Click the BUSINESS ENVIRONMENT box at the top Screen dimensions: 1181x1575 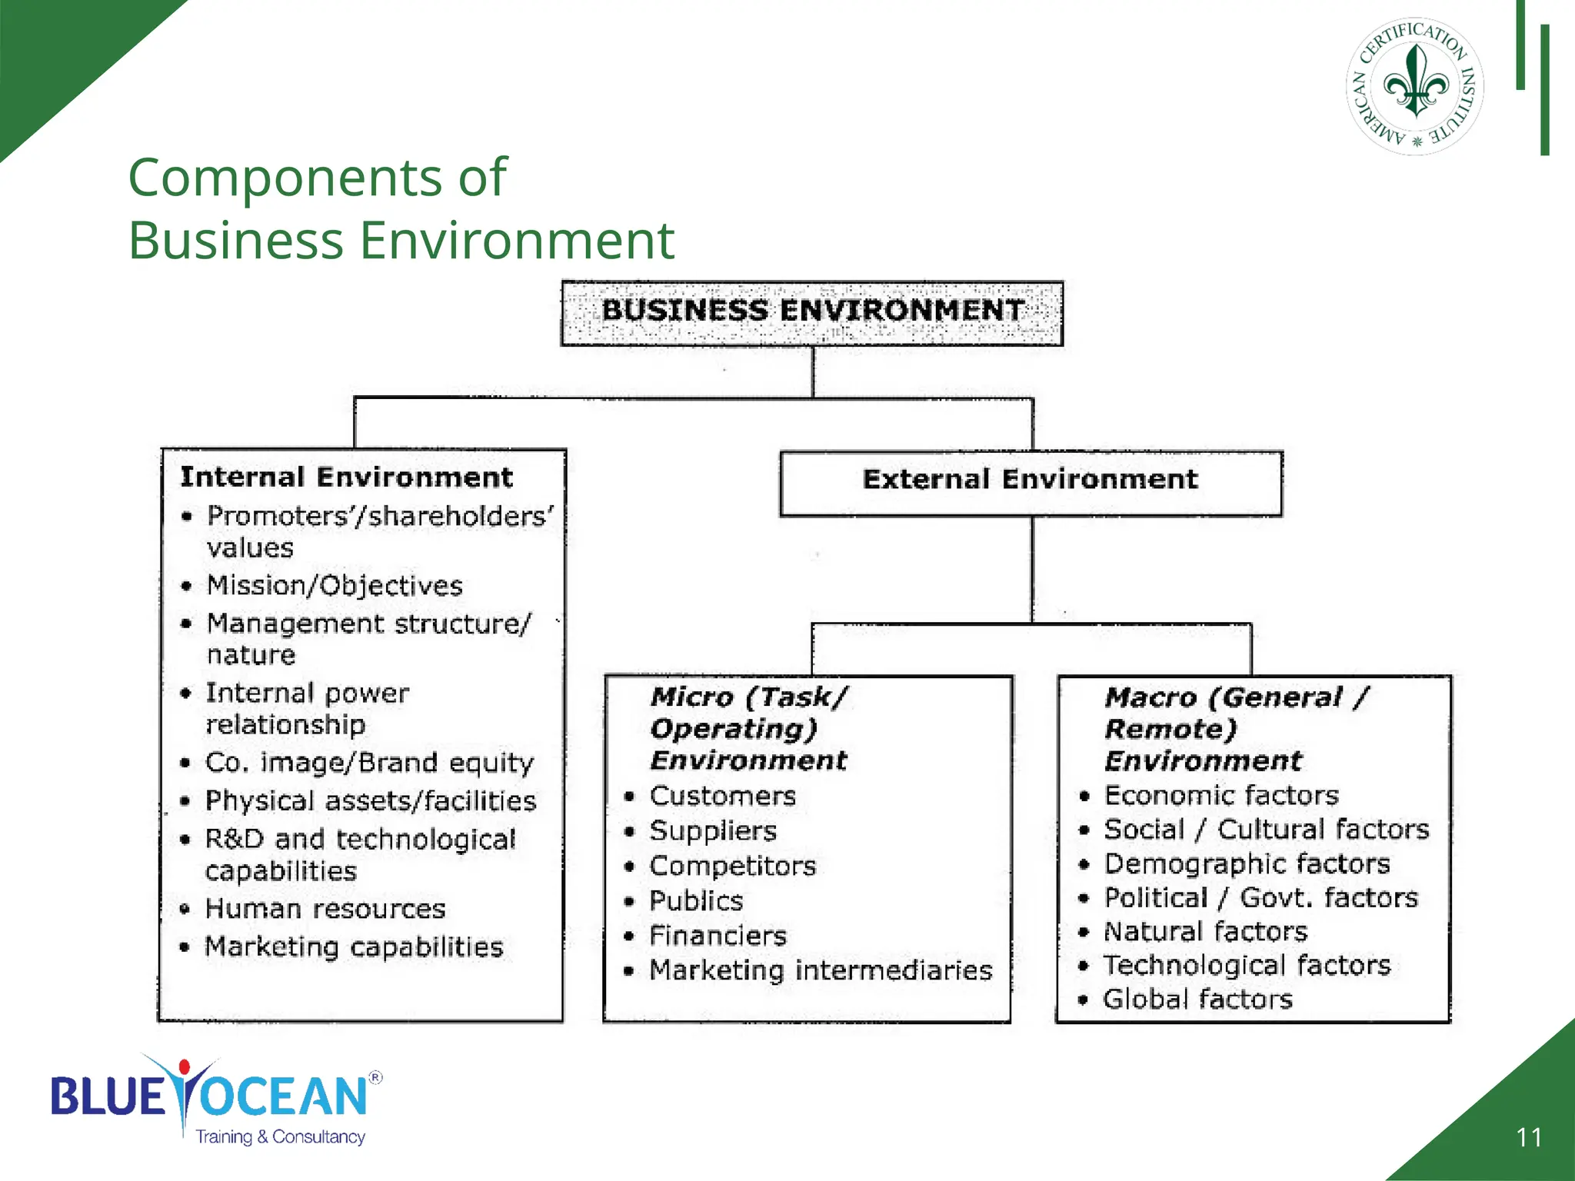click(x=812, y=312)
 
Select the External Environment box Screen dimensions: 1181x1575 click(x=1031, y=481)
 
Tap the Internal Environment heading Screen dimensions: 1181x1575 click(x=346, y=477)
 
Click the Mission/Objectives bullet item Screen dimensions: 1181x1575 click(x=335, y=586)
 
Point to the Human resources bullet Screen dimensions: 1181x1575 click(x=325, y=909)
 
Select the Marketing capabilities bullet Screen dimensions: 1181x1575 click(x=354, y=946)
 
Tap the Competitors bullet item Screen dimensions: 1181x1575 click(x=733, y=867)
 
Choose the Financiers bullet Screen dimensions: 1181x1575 click(x=718, y=936)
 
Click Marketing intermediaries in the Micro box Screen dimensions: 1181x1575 click(x=821, y=970)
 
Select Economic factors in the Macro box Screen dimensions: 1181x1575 click(x=1221, y=795)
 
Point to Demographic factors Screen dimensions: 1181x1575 click(x=1247, y=864)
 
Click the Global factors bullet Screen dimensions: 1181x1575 click(x=1197, y=1000)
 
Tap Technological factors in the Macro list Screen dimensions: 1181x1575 click(x=1247, y=966)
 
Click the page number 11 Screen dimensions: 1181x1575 click(x=1529, y=1137)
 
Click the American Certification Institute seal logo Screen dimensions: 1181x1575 click(x=1415, y=86)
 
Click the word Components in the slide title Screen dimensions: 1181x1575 click(x=285, y=178)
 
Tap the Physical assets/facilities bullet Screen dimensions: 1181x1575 click(x=371, y=801)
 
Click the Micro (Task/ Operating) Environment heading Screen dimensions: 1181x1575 click(x=748, y=728)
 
